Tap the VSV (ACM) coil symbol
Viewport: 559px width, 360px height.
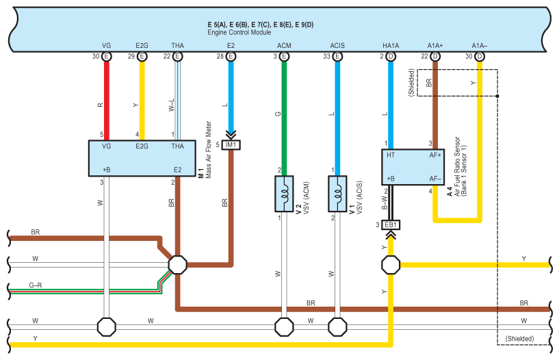(284, 194)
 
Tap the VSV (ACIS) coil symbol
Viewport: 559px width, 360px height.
(337, 194)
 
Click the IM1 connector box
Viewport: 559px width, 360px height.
(231, 144)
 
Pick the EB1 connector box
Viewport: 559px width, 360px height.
(391, 224)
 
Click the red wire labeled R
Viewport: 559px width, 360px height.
(107, 103)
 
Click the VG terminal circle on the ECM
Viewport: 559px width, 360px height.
(107, 57)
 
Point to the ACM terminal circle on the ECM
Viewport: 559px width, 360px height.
(284, 57)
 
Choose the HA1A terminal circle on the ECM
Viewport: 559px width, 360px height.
(391, 57)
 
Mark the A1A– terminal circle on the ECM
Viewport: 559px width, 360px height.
(480, 57)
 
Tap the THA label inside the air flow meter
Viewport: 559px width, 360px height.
(177, 146)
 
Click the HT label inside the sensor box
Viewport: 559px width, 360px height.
(391, 155)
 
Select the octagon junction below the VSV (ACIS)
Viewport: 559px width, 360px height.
(337, 326)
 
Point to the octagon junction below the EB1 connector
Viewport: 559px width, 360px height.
(391, 264)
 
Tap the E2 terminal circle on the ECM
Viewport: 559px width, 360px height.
(231, 57)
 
